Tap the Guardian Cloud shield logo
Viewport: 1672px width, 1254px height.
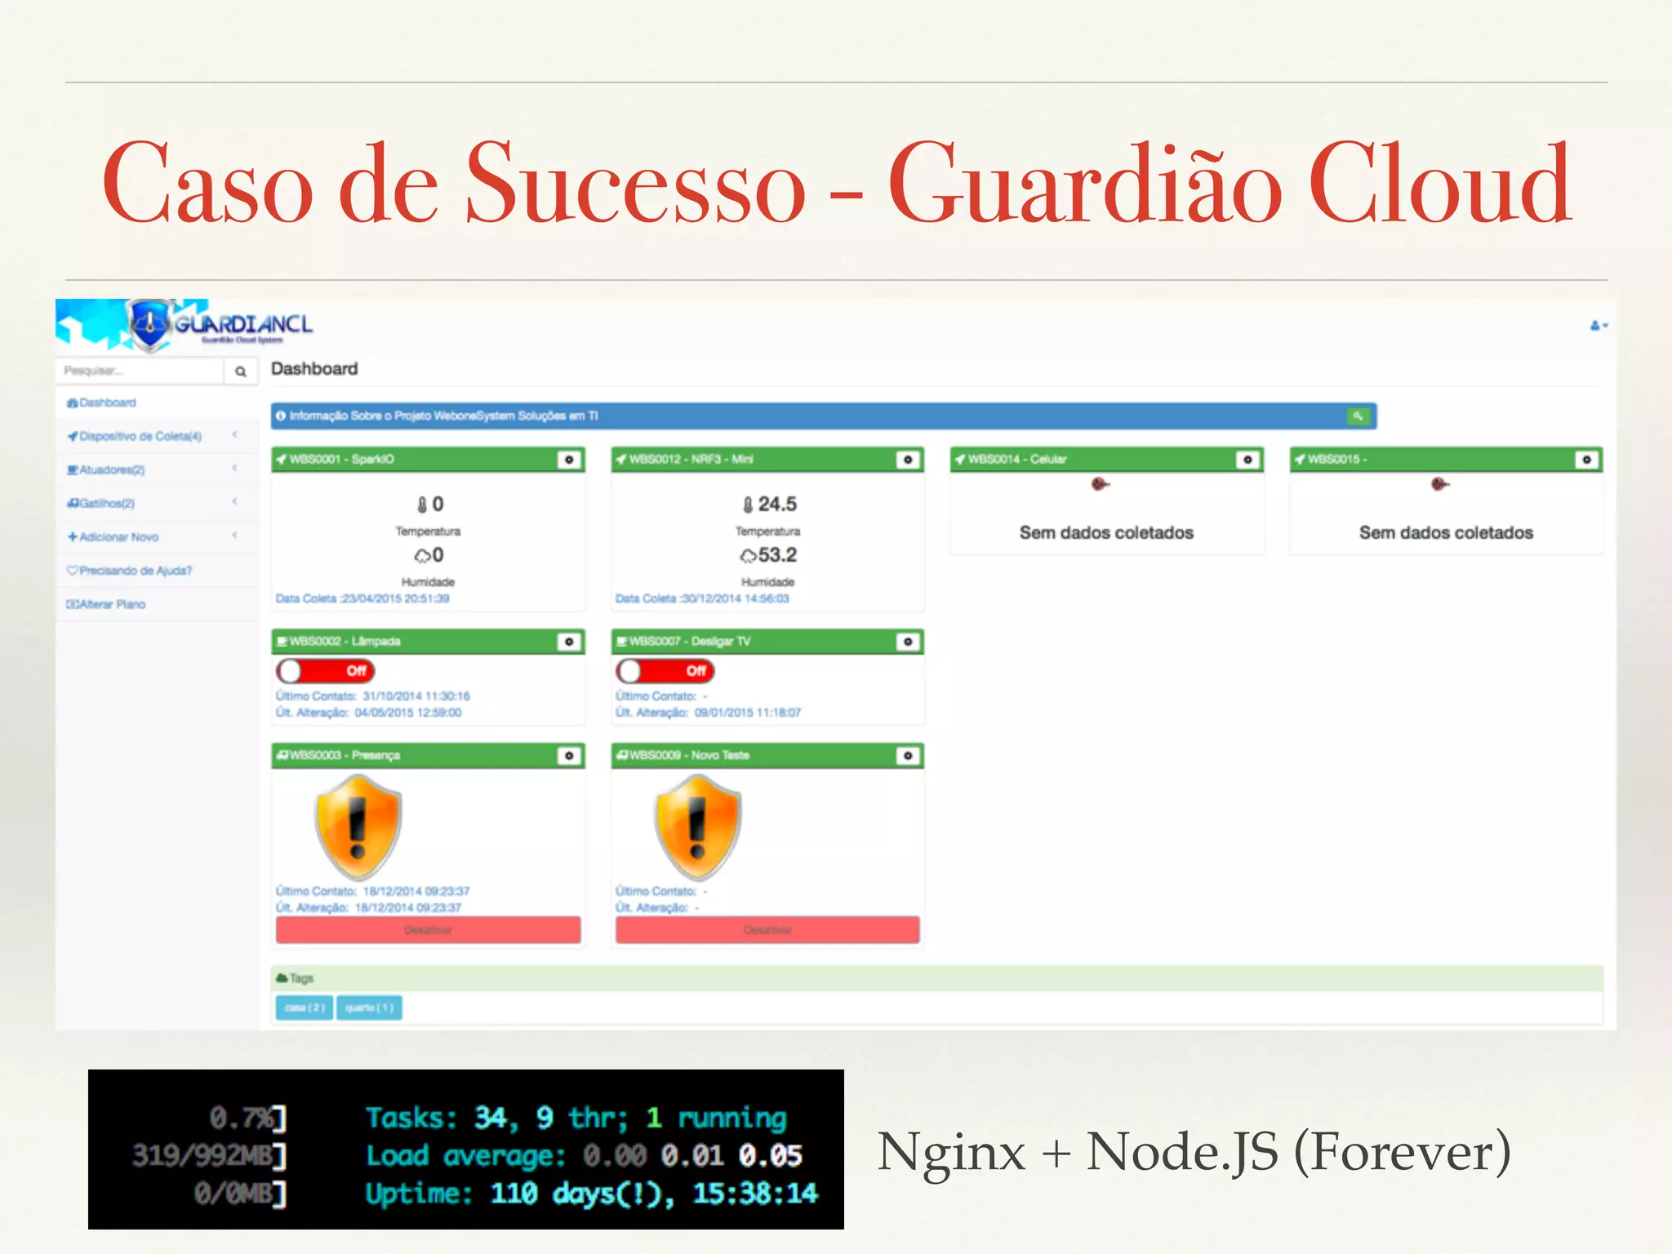(x=150, y=324)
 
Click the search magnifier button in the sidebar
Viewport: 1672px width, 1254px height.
(x=241, y=371)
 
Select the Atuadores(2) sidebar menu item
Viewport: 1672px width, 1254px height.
(x=106, y=469)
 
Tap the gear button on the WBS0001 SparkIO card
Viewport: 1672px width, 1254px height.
(x=569, y=460)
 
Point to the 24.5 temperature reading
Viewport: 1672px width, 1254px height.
(x=776, y=505)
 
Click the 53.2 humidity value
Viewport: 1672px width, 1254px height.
(x=776, y=555)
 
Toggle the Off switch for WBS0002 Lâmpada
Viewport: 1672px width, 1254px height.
(x=325, y=671)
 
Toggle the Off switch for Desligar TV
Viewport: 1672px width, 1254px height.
(x=665, y=671)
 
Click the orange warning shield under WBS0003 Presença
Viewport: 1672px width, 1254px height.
(x=358, y=826)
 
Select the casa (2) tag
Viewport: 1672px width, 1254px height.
(x=305, y=1007)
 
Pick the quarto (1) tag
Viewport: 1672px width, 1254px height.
(x=369, y=1007)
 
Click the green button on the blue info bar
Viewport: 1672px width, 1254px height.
(x=1358, y=416)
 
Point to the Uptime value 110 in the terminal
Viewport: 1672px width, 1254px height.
(x=514, y=1194)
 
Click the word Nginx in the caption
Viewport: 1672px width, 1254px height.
(x=951, y=1153)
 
